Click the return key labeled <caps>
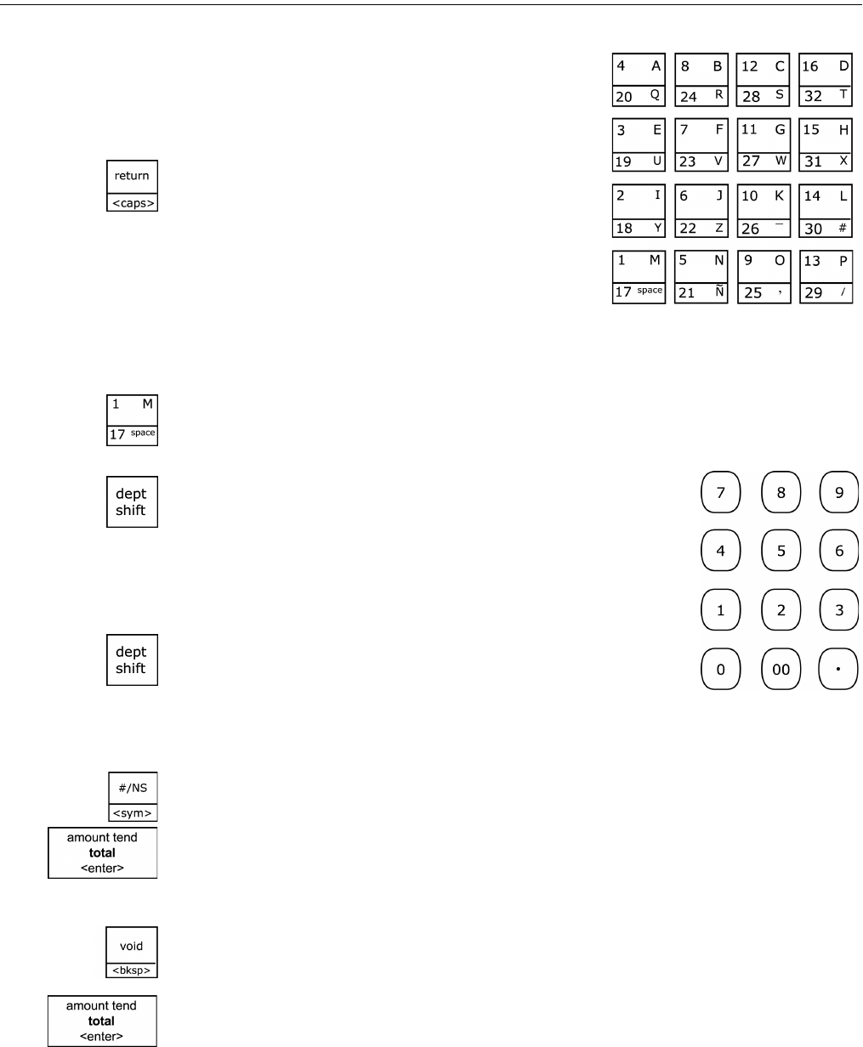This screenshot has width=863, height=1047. [132, 184]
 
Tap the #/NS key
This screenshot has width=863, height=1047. [132, 795]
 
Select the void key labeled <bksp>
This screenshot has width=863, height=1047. [132, 952]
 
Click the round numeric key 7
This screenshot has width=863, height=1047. [720, 491]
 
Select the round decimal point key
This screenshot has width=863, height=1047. [838, 669]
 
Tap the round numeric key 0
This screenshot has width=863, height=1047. [720, 669]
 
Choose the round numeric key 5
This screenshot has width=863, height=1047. [781, 551]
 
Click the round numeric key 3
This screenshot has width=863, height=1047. [838, 609]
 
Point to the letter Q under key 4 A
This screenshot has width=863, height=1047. [654, 96]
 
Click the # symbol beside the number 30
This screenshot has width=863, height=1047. [841, 228]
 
